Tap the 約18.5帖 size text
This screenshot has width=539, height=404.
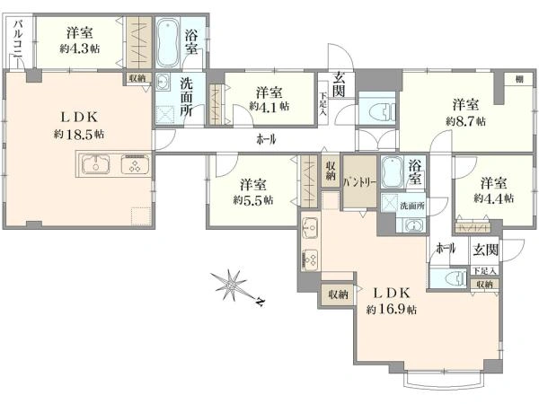pyautogui.click(x=79, y=134)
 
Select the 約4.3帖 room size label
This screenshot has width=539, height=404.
pyautogui.click(x=80, y=48)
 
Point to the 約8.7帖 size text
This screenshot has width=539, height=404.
pyautogui.click(x=465, y=121)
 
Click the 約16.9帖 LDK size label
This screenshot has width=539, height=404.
pyautogui.click(x=392, y=310)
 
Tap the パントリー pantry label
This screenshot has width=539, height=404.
pyautogui.click(x=359, y=182)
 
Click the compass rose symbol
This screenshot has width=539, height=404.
pyautogui.click(x=230, y=285)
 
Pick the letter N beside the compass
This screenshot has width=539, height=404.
pyautogui.click(x=261, y=302)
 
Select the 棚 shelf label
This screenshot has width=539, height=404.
pyautogui.click(x=519, y=79)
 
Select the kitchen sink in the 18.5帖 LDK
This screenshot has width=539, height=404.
pyautogui.click(x=95, y=164)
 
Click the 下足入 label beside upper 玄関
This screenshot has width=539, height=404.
pyautogui.click(x=323, y=103)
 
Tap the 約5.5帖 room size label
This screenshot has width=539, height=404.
pyautogui.click(x=253, y=199)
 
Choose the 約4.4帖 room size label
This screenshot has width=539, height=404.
pyautogui.click(x=494, y=198)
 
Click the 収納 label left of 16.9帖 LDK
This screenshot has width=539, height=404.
pyautogui.click(x=338, y=294)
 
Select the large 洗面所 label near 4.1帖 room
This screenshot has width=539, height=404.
pyautogui.click(x=187, y=97)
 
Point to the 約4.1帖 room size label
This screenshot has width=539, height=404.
pyautogui.click(x=269, y=106)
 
